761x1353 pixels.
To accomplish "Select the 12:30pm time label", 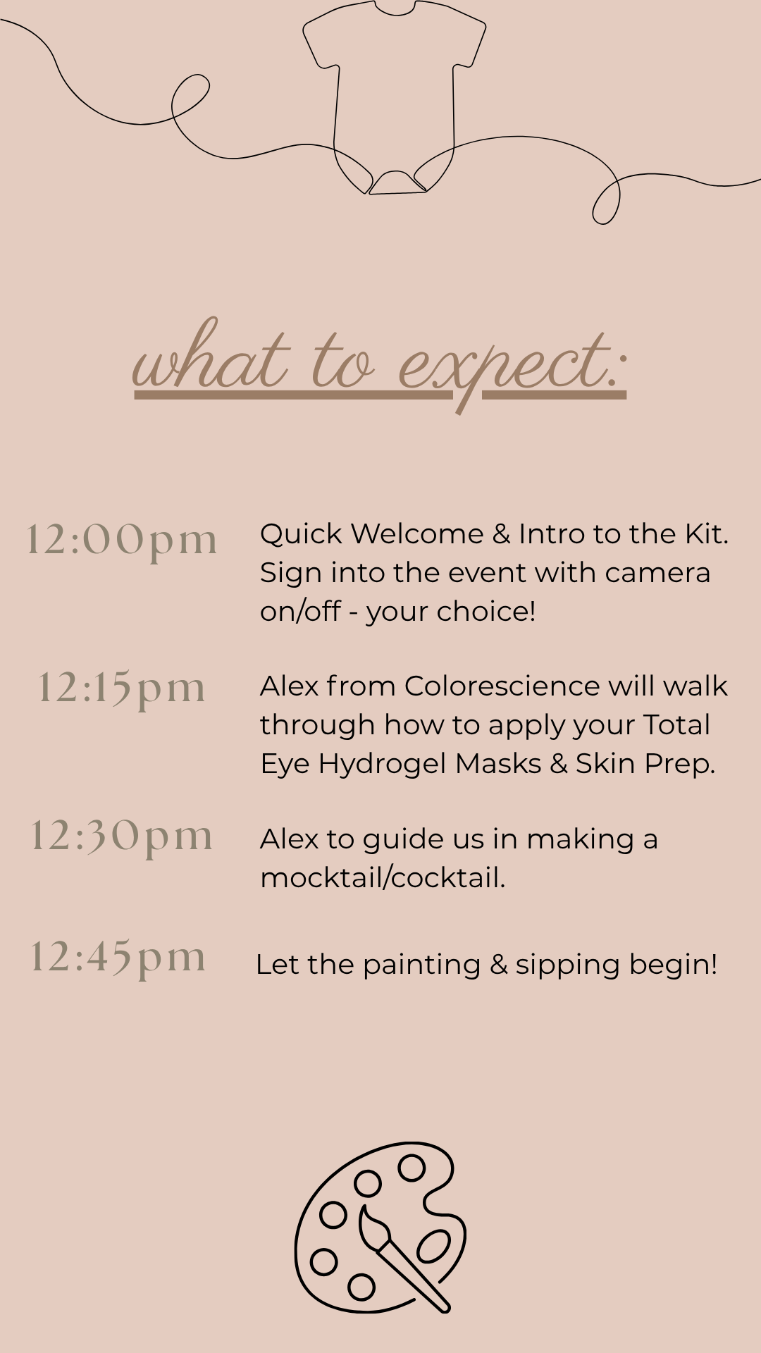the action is [122, 837].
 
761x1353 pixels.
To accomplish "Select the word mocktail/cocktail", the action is [383, 878].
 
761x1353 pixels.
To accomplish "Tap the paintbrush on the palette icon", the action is [403, 1257].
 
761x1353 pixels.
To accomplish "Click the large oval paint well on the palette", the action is [433, 1246].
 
